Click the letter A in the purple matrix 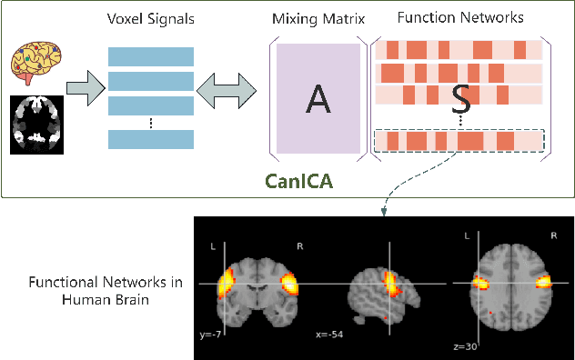(x=318, y=97)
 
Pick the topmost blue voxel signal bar (x=150, y=55)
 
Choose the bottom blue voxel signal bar (x=150, y=139)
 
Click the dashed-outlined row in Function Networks (x=459, y=141)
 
